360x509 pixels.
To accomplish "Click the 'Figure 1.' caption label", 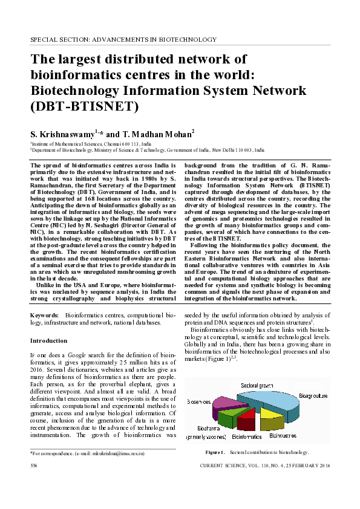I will coord(215,452).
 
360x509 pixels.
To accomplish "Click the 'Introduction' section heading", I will coord(48,340).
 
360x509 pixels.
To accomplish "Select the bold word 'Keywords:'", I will coord(45,316).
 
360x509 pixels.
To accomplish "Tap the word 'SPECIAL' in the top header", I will coord(45,40).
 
